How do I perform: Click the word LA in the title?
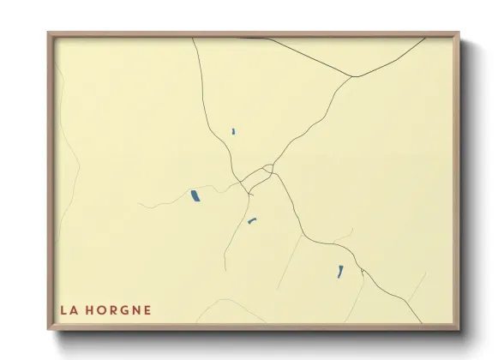click(x=67, y=310)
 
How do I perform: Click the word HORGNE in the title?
click(x=118, y=310)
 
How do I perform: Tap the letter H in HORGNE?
click(x=88, y=310)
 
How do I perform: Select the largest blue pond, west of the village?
click(x=195, y=196)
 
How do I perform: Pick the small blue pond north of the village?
click(x=233, y=131)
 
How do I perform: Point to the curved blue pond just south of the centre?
click(x=252, y=221)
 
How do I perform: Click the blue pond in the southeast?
click(x=340, y=272)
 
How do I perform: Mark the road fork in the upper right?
click(x=352, y=77)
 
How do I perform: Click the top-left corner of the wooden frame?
click(x=49, y=33)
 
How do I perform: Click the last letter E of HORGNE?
click(x=147, y=310)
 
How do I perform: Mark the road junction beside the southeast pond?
click(x=363, y=273)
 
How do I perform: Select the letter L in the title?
click(x=63, y=310)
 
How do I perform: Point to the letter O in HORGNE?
click(x=100, y=310)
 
